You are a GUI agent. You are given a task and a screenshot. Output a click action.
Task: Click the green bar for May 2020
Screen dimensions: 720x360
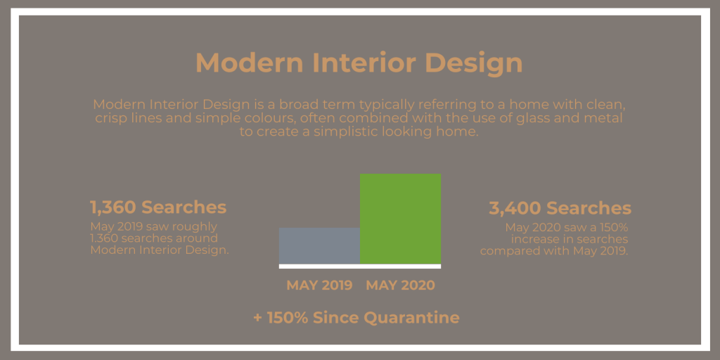pos(400,219)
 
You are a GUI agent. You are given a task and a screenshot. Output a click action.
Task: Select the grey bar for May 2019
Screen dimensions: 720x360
pos(320,245)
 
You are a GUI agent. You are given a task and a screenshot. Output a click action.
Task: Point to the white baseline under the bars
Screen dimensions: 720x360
pos(360,266)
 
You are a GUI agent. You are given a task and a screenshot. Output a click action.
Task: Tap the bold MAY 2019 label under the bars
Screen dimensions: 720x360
pos(320,285)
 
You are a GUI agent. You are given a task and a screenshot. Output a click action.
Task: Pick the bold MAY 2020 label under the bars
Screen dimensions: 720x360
pos(400,285)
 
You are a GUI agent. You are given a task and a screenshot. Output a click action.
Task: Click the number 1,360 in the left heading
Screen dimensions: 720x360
pos(113,207)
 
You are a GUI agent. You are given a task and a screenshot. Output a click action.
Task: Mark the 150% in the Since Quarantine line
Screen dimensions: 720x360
pos(288,317)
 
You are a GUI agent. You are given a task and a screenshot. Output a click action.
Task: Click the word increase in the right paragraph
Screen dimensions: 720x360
pos(534,240)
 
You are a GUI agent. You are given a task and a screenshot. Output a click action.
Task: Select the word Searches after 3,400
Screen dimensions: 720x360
pos(589,208)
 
